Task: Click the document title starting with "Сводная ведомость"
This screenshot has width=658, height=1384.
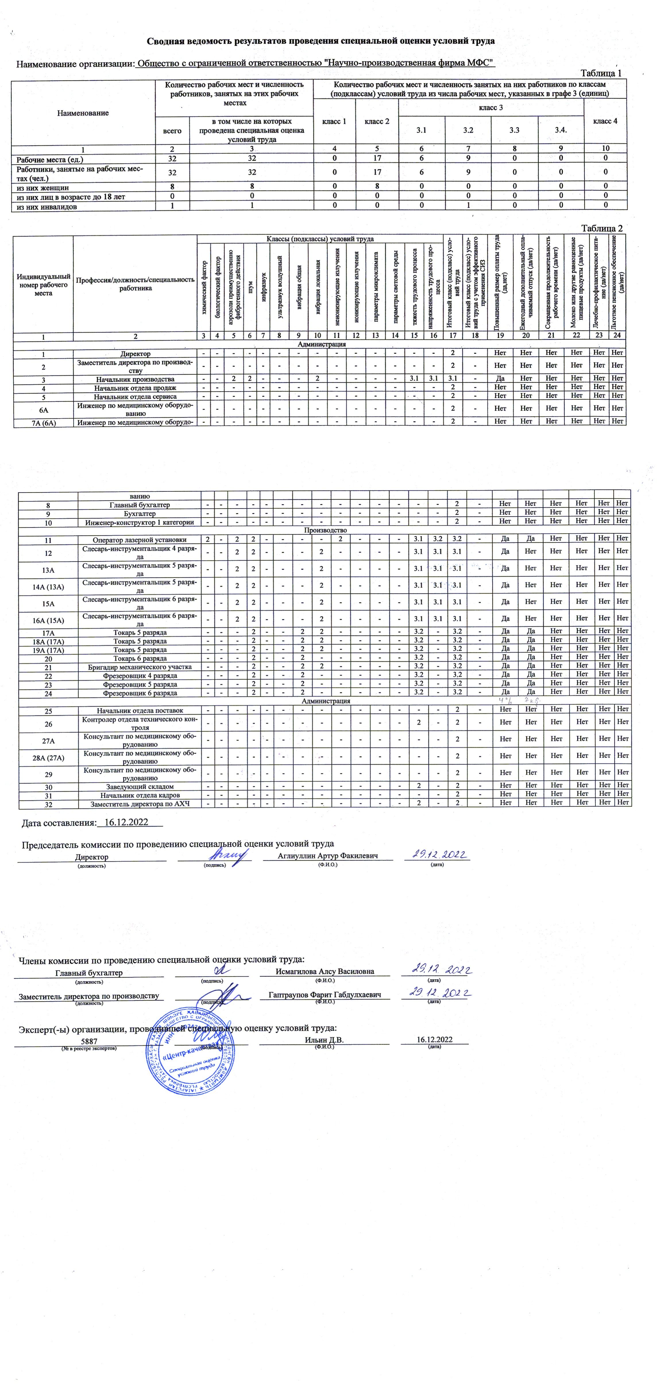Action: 321,41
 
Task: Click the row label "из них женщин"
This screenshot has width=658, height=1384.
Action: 43,188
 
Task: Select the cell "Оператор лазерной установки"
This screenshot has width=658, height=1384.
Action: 140,539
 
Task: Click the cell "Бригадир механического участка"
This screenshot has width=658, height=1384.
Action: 140,667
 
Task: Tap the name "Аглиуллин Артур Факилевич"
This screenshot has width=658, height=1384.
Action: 328,856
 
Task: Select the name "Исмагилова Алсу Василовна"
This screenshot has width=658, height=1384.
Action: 325,972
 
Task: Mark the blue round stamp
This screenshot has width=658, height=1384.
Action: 191,1053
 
